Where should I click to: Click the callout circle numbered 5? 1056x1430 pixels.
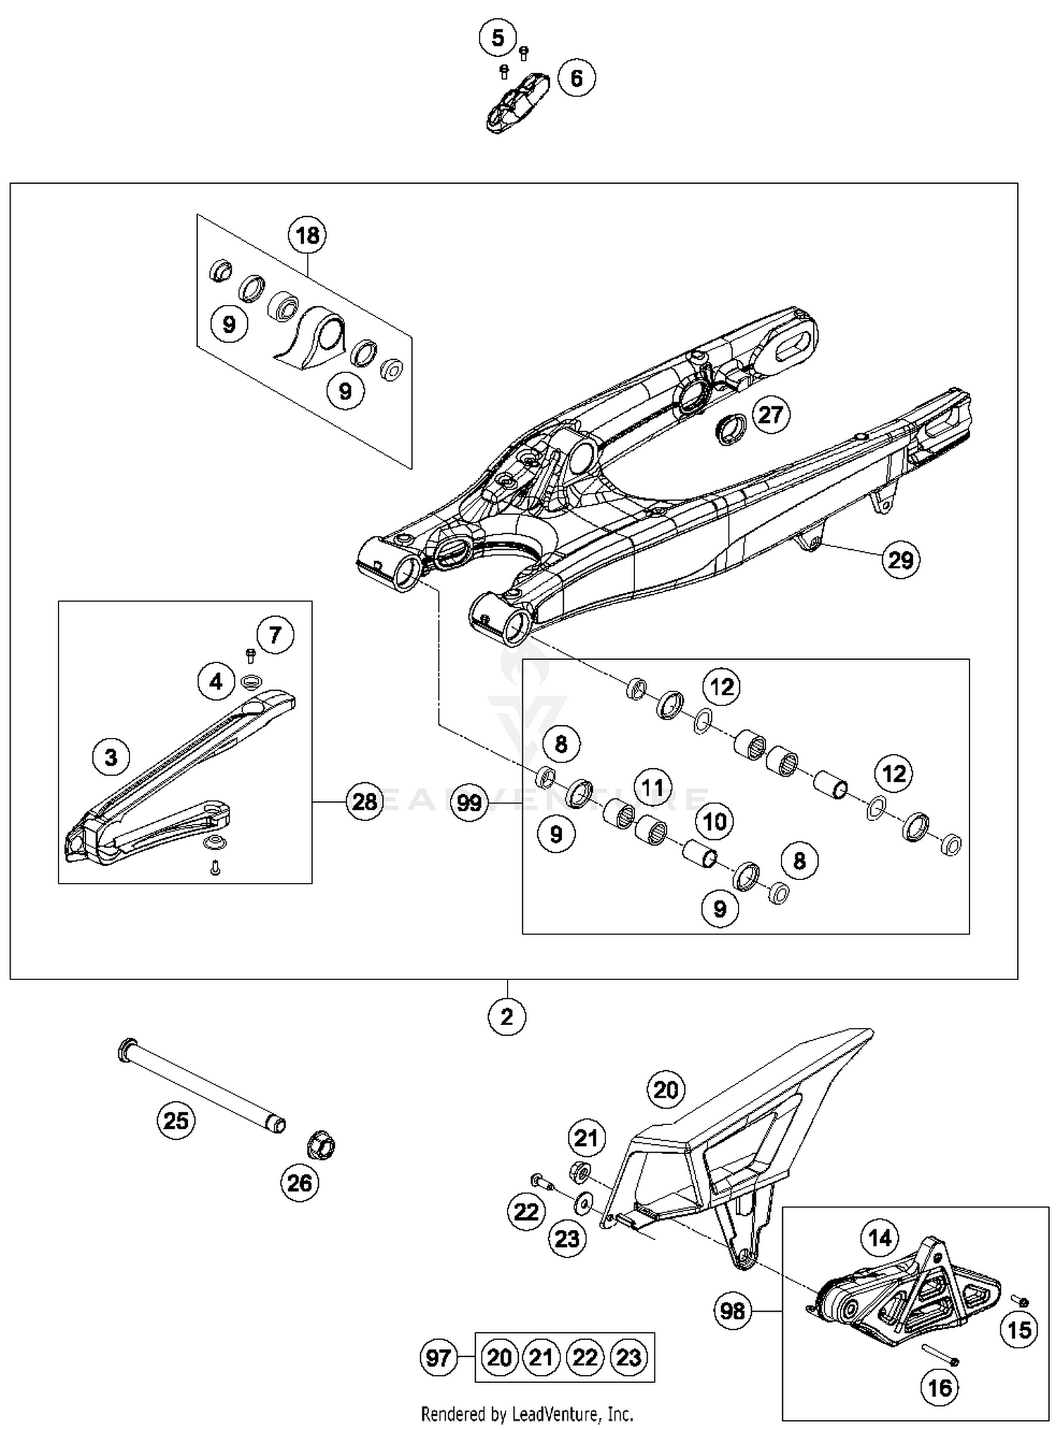tap(498, 37)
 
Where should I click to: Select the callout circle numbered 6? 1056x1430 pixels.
tap(577, 77)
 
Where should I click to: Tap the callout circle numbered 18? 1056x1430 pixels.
tap(308, 235)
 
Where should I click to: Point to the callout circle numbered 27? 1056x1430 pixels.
tap(770, 415)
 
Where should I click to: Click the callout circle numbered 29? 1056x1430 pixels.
tap(900, 560)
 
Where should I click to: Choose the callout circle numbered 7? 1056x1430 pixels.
tap(275, 635)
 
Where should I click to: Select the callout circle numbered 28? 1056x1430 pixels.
tap(364, 801)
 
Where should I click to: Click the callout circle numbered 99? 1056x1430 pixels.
tap(469, 803)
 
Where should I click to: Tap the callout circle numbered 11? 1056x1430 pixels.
tap(653, 786)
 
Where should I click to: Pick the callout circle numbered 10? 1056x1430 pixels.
tap(715, 821)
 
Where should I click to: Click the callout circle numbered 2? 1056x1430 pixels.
tap(507, 1017)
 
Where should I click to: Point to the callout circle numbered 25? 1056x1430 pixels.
tap(176, 1120)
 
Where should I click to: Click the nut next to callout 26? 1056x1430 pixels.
tap(321, 1146)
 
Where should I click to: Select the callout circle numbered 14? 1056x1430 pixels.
tap(880, 1238)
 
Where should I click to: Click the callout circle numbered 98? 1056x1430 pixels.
tap(733, 1311)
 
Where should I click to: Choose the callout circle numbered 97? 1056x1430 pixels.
tap(439, 1357)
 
